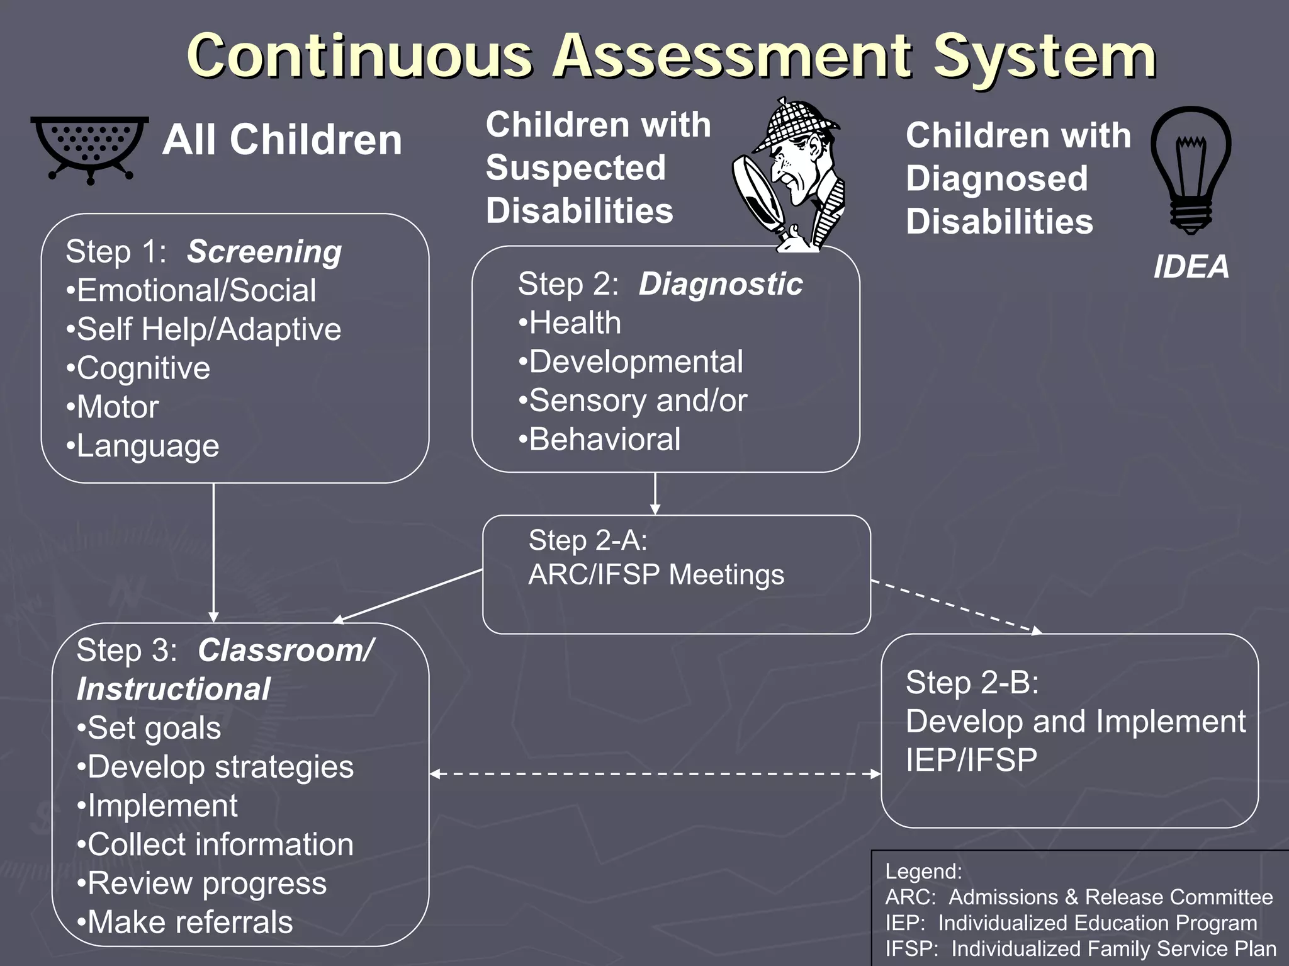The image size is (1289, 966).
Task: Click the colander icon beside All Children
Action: click(90, 149)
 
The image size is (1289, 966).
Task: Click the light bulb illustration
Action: click(1190, 169)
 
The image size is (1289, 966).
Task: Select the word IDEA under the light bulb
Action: click(1191, 267)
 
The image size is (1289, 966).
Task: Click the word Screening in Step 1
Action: click(264, 252)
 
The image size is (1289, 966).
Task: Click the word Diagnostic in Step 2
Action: click(720, 284)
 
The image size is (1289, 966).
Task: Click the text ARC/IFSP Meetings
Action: click(656, 575)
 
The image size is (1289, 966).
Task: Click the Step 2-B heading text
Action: click(972, 683)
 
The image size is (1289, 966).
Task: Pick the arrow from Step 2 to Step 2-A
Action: click(655, 494)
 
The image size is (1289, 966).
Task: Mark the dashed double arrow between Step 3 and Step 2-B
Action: click(655, 774)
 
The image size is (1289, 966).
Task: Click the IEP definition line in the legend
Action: click(1071, 923)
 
